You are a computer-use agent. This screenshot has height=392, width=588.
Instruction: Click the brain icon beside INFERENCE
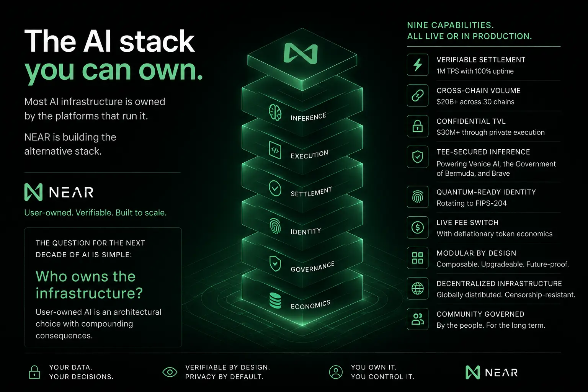tap(275, 112)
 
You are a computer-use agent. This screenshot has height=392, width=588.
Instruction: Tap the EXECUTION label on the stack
tap(309, 155)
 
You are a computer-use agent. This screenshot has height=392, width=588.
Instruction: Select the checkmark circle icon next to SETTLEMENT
tap(275, 188)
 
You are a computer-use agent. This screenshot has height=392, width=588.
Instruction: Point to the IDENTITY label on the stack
tap(305, 231)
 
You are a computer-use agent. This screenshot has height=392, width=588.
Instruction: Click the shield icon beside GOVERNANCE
tap(275, 264)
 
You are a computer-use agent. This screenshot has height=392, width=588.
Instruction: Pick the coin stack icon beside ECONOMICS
tap(275, 301)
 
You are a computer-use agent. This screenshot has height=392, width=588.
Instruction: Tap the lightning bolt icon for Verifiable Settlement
tap(417, 65)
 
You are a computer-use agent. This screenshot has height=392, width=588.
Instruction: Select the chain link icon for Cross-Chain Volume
tap(417, 95)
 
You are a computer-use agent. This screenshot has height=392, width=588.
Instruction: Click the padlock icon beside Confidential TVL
tap(417, 126)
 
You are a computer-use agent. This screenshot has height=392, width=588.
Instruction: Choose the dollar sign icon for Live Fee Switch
tap(417, 227)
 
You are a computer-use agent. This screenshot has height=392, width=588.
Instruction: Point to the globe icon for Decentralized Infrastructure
tap(417, 288)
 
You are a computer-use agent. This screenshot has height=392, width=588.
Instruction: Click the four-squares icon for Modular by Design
tap(417, 258)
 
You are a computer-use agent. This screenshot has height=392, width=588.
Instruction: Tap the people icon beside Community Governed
tap(417, 319)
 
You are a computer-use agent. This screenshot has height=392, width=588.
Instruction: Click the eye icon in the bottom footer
tap(170, 372)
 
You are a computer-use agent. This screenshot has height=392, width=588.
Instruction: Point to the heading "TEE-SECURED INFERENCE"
tap(483, 152)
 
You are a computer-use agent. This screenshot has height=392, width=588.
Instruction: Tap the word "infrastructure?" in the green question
tap(89, 293)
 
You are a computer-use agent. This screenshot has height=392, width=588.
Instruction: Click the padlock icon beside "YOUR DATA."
tap(34, 372)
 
